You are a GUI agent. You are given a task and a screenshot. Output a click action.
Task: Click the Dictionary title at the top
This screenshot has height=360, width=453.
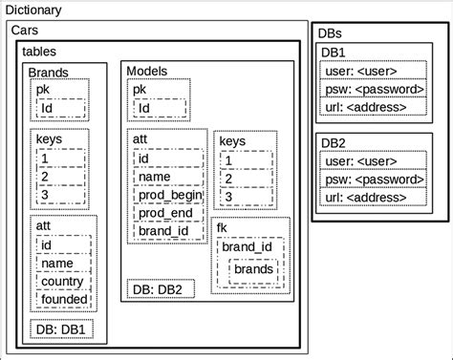(x=33, y=11)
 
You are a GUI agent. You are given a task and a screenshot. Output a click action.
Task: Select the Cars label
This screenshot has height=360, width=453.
(x=26, y=32)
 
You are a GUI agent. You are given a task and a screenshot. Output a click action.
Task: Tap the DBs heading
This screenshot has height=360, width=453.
(x=329, y=32)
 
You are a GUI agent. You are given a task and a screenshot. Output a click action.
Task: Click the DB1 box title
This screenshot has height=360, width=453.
(x=334, y=53)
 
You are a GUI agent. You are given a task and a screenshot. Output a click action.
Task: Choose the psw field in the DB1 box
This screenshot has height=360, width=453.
(x=373, y=89)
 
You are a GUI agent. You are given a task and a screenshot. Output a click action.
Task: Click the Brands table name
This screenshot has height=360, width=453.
(x=48, y=73)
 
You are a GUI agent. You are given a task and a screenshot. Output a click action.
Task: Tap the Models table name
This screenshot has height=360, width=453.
(x=147, y=72)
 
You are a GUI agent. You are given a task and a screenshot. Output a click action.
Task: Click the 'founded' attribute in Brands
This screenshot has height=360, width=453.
(x=63, y=299)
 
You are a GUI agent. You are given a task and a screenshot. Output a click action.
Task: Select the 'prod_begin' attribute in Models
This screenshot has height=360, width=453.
(x=169, y=195)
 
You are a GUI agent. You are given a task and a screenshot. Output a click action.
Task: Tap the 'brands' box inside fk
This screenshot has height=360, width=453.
(x=253, y=270)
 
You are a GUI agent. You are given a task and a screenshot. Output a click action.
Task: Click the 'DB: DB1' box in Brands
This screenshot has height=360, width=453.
(x=60, y=329)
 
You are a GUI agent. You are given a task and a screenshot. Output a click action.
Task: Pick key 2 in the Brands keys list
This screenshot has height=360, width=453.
(x=44, y=176)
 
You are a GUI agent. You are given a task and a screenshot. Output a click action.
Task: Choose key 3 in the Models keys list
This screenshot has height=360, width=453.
(x=227, y=196)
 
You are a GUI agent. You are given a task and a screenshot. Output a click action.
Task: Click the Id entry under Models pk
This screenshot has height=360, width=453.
(x=144, y=108)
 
